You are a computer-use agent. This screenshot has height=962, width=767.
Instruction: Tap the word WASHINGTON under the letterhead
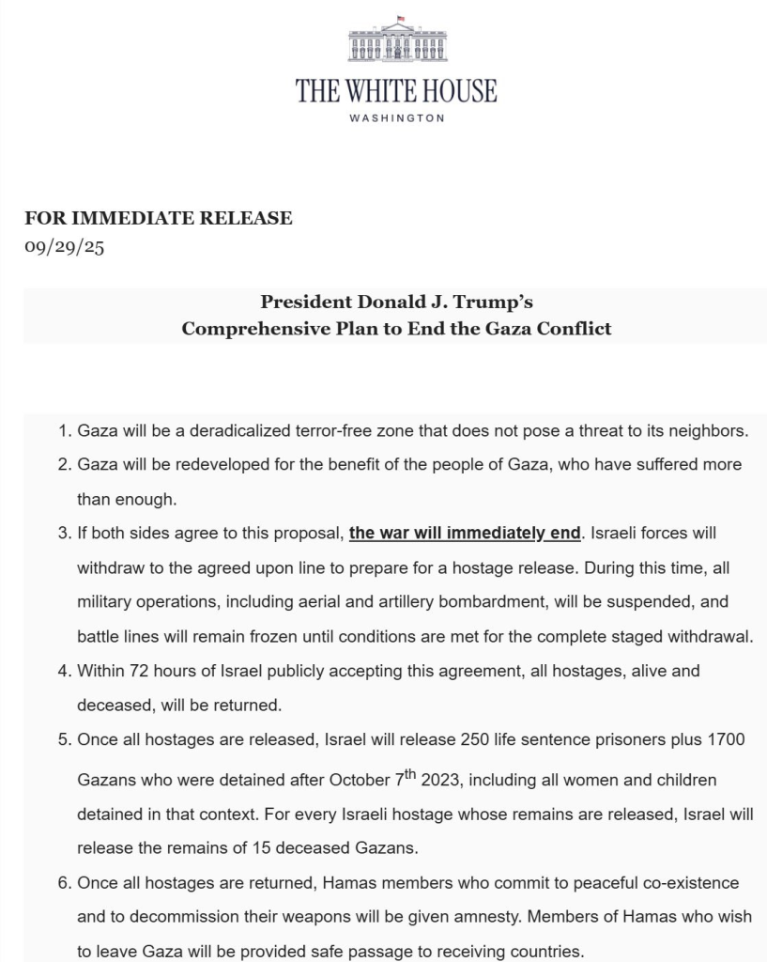click(396, 118)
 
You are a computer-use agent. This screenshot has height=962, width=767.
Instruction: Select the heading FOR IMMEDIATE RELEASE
click(159, 219)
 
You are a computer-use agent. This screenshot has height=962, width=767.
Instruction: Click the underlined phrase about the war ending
click(465, 534)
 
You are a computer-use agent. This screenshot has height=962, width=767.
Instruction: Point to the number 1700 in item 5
click(725, 739)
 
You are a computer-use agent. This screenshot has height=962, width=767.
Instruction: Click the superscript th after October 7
click(409, 774)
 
